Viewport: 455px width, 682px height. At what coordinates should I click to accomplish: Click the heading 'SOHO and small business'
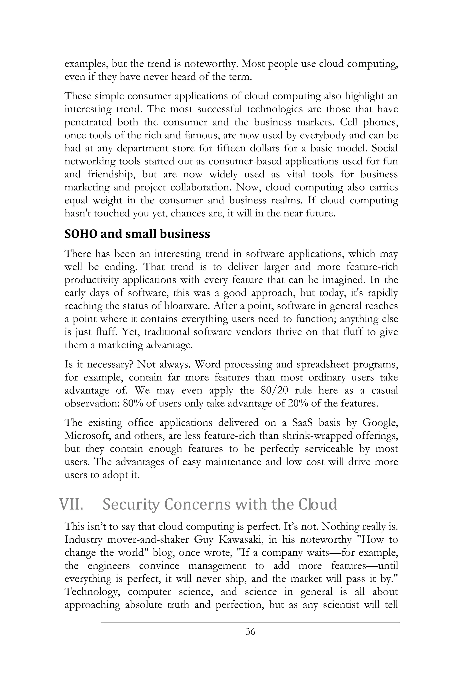pyautogui.click(x=137, y=234)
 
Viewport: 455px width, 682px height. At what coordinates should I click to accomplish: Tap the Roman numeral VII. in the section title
pyautogui.click(x=71, y=504)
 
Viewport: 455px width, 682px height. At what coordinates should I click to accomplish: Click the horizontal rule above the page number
pyautogui.click(x=250, y=622)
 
